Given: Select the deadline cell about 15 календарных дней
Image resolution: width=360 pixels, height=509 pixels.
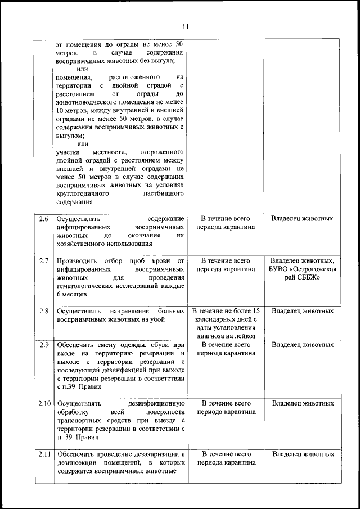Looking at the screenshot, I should coord(226,323).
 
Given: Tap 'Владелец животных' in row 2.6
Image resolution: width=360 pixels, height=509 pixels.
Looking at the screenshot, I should coord(303,218).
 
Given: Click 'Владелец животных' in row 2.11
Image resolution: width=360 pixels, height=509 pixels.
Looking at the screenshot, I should coord(303,454).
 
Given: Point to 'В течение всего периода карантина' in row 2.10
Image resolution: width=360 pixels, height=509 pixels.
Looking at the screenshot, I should coord(226,408).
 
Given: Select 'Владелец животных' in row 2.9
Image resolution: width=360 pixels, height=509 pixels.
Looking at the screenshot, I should coord(303,344).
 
